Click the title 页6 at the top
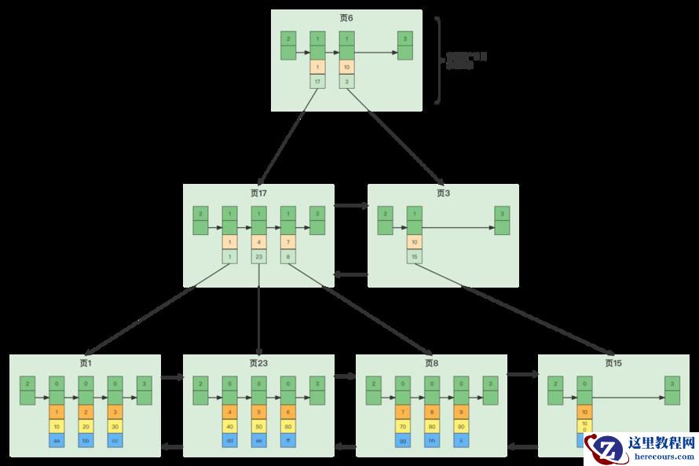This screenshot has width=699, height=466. [x=346, y=17]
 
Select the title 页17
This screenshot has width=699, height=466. [x=258, y=193]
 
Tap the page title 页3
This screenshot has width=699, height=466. [x=444, y=193]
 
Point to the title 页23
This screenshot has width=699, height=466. [x=258, y=363]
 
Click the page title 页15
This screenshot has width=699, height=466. [x=613, y=363]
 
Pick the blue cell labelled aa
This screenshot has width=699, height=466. [x=57, y=440]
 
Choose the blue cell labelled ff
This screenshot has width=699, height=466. [x=288, y=440]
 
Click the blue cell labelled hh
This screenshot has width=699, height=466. [x=431, y=440]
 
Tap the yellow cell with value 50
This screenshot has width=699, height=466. [x=259, y=426]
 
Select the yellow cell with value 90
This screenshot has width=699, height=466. [x=460, y=426]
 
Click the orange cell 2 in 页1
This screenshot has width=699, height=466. [x=86, y=412]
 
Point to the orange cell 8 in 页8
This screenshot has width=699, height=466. [x=431, y=412]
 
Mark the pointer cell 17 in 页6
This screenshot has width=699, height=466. [x=317, y=81]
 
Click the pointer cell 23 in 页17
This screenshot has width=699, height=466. [x=258, y=256]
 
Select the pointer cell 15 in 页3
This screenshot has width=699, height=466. [x=414, y=256]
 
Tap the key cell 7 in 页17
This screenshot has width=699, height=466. [x=288, y=242]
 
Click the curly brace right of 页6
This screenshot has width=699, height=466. [x=438, y=61]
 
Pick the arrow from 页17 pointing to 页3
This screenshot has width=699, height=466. [x=351, y=206]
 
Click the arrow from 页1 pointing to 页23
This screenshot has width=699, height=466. [x=172, y=377]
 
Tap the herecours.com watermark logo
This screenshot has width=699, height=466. [x=641, y=448]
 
